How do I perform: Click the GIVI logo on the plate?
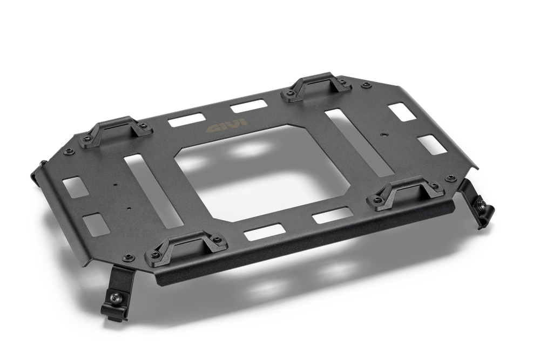pos(227,125)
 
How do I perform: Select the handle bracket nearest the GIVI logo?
pos(115,132)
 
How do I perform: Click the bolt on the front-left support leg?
pos(117,298)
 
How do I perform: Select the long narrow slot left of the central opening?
pos(153,191)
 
